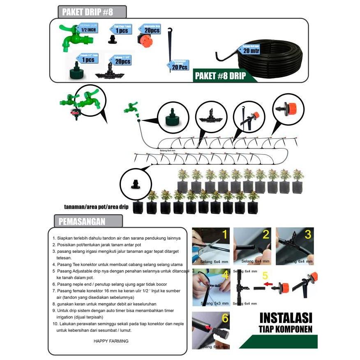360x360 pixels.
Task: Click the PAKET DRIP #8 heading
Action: (88, 12)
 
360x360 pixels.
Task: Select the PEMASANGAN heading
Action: (82, 222)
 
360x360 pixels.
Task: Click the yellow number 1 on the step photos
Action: (224, 235)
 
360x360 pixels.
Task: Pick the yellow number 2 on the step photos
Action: (266, 235)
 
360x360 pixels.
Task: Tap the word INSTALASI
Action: (285, 318)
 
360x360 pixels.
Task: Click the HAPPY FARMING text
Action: (111, 341)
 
